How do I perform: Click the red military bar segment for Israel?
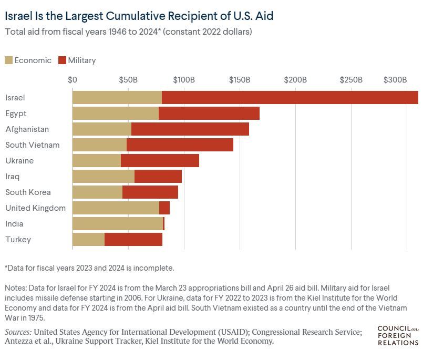click(290, 98)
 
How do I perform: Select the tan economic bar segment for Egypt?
click(115, 114)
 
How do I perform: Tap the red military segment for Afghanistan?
click(190, 129)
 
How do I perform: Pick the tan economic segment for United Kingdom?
click(116, 208)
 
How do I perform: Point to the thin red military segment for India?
click(164, 224)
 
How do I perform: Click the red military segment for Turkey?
click(133, 240)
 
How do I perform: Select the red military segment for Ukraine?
click(160, 161)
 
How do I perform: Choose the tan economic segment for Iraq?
click(103, 177)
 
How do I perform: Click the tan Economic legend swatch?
click(9, 60)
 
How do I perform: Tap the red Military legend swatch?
click(62, 60)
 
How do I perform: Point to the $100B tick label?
click(184, 80)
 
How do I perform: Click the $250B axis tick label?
click(351, 80)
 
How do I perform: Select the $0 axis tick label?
click(73, 80)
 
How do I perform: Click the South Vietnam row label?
click(33, 145)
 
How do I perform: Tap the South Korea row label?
click(28, 192)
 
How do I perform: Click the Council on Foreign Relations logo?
click(398, 336)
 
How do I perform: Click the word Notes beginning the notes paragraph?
click(16, 287)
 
